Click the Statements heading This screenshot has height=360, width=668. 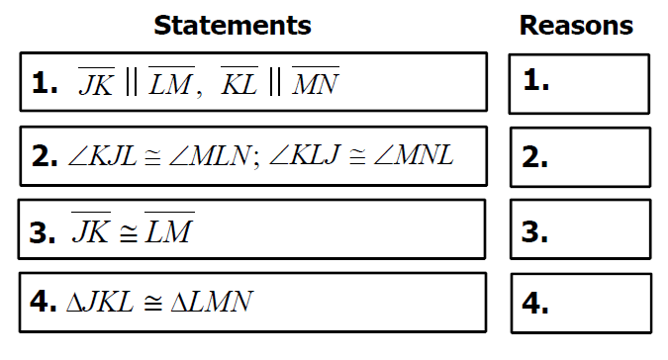point(233,26)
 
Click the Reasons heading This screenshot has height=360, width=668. point(576,26)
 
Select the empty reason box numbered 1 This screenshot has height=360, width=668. point(579,84)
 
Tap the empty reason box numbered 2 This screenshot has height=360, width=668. point(580,157)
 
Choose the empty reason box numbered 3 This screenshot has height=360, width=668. point(580,229)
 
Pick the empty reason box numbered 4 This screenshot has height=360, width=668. point(581,303)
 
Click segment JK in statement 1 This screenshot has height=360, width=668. point(97,81)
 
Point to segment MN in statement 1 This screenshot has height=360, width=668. point(316,81)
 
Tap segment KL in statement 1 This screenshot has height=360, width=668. point(239,81)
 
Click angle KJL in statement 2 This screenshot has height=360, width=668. point(102,155)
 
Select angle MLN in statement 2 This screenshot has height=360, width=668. point(210,155)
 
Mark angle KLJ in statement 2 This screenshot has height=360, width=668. point(305,155)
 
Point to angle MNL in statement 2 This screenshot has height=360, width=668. point(414,155)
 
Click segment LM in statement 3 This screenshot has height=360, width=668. point(169,227)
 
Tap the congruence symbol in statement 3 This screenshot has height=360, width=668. point(129,233)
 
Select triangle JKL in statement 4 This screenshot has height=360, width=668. point(100,302)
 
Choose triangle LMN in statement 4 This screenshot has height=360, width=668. point(212,302)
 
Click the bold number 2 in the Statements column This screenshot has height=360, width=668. point(45,157)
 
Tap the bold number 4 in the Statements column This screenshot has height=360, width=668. point(43,302)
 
